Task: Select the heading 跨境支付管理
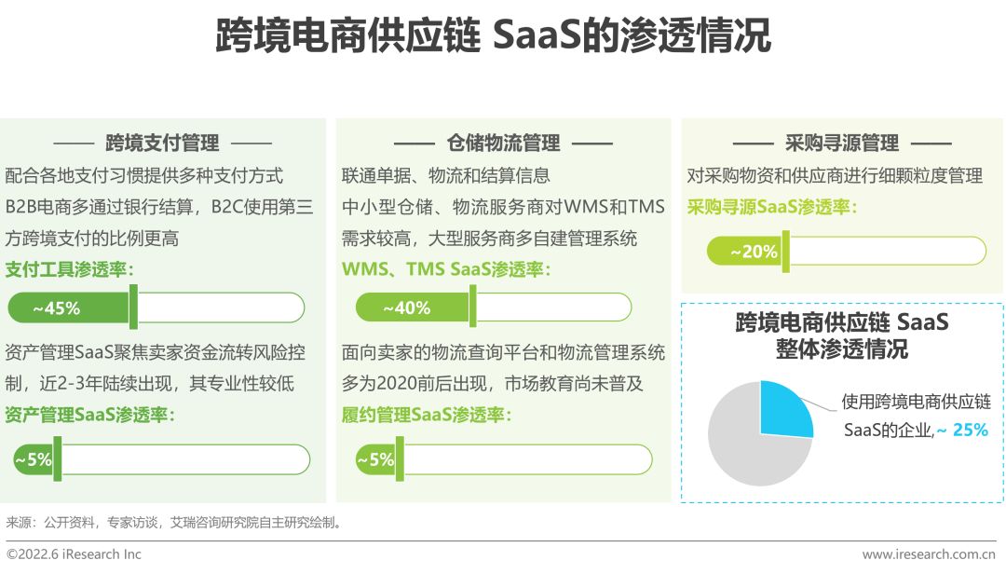162,143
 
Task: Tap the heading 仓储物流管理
503,143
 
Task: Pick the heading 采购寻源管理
842,143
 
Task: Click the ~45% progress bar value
57,307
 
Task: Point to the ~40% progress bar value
406,307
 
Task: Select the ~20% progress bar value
754,252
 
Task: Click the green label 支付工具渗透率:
70,270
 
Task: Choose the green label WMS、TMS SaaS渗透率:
446,270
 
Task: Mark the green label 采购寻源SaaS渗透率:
772,207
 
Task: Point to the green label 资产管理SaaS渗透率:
89,415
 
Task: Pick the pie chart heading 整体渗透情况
841,350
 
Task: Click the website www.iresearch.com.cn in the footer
933,554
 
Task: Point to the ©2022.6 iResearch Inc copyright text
75,554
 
